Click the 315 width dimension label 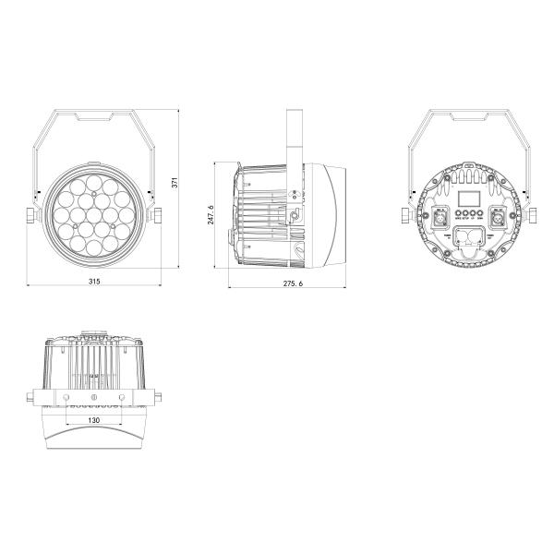click(x=93, y=279)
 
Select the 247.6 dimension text click(x=211, y=213)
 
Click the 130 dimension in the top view click(x=93, y=420)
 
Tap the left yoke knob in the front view click(x=31, y=215)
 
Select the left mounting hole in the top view click(x=66, y=397)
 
